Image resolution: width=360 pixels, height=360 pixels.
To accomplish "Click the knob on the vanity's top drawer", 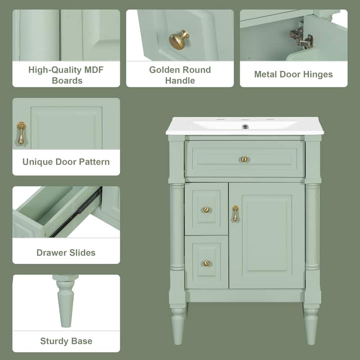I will click(244, 159).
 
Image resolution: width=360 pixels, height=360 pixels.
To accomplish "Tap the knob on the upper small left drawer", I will click(206, 209).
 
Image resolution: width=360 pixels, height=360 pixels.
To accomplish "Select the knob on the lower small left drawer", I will click(206, 263).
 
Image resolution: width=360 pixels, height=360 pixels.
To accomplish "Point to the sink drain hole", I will click(245, 126).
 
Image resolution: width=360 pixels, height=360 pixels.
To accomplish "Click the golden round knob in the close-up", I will click(179, 39).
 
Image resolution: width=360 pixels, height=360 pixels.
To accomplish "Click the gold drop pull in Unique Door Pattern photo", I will click(21, 134).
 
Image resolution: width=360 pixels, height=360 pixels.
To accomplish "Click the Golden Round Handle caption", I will click(180, 75).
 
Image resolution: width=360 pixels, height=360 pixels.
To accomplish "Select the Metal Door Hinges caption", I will click(293, 74).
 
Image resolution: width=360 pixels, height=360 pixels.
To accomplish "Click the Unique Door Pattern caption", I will click(66, 162).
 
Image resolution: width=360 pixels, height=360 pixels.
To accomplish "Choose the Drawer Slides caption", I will click(66, 252).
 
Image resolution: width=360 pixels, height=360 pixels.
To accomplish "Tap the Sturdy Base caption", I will click(66, 341).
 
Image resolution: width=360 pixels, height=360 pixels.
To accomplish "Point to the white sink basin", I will click(245, 123).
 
